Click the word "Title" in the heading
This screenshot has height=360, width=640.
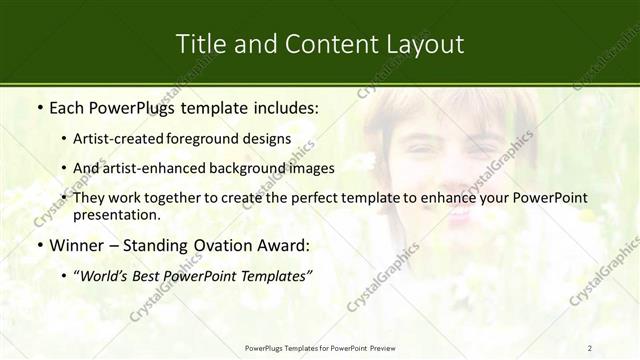pyautogui.click(x=199, y=44)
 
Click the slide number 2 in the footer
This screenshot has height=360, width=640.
pyautogui.click(x=590, y=348)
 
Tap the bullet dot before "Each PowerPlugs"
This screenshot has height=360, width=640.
pyautogui.click(x=38, y=106)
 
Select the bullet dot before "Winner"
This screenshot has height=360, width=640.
pyautogui.click(x=38, y=245)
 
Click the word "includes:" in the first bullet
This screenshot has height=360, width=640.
pyautogui.click(x=282, y=106)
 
